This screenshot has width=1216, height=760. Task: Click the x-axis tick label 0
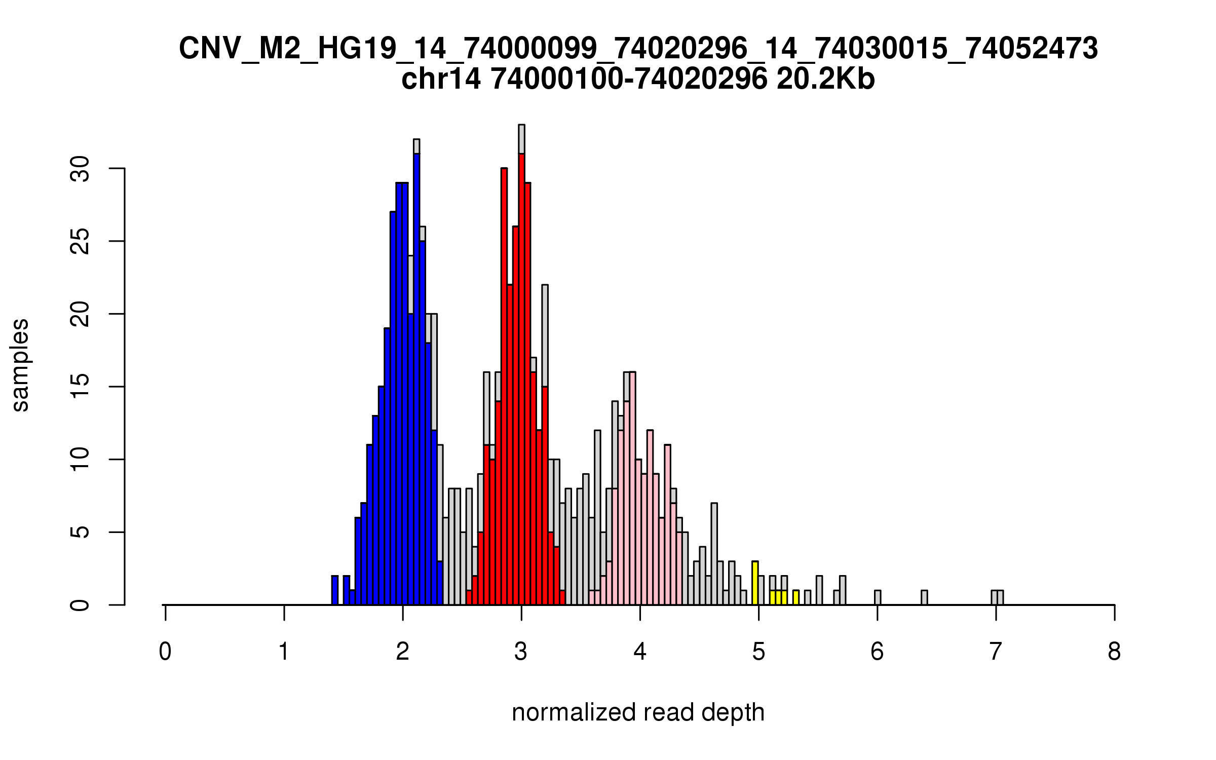(x=165, y=652)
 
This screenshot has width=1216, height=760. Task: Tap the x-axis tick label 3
(x=521, y=652)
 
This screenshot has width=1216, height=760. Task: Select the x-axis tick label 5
(x=758, y=652)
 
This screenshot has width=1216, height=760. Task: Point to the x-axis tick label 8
(x=1114, y=652)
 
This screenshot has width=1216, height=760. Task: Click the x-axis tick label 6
(x=877, y=652)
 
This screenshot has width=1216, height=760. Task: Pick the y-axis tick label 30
(x=80, y=169)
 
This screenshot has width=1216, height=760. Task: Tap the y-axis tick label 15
(x=80, y=387)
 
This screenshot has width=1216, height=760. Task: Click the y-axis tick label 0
(x=80, y=605)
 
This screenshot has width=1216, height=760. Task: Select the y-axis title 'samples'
(x=20, y=365)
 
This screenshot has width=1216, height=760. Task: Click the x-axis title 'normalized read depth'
(x=638, y=712)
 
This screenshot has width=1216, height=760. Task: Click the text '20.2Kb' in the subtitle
(x=825, y=79)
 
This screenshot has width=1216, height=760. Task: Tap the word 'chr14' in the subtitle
(x=441, y=79)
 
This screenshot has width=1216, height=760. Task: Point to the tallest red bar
(x=521, y=379)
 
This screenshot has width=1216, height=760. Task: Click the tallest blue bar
(x=416, y=379)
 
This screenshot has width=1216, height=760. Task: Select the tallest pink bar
(x=632, y=488)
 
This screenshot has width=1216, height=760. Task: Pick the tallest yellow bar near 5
(x=755, y=583)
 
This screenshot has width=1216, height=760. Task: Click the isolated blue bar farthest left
(x=335, y=590)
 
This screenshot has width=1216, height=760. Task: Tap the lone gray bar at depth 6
(x=878, y=597)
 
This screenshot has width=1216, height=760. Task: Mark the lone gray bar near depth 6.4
(x=924, y=597)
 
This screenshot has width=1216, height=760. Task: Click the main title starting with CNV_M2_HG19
(x=638, y=49)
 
